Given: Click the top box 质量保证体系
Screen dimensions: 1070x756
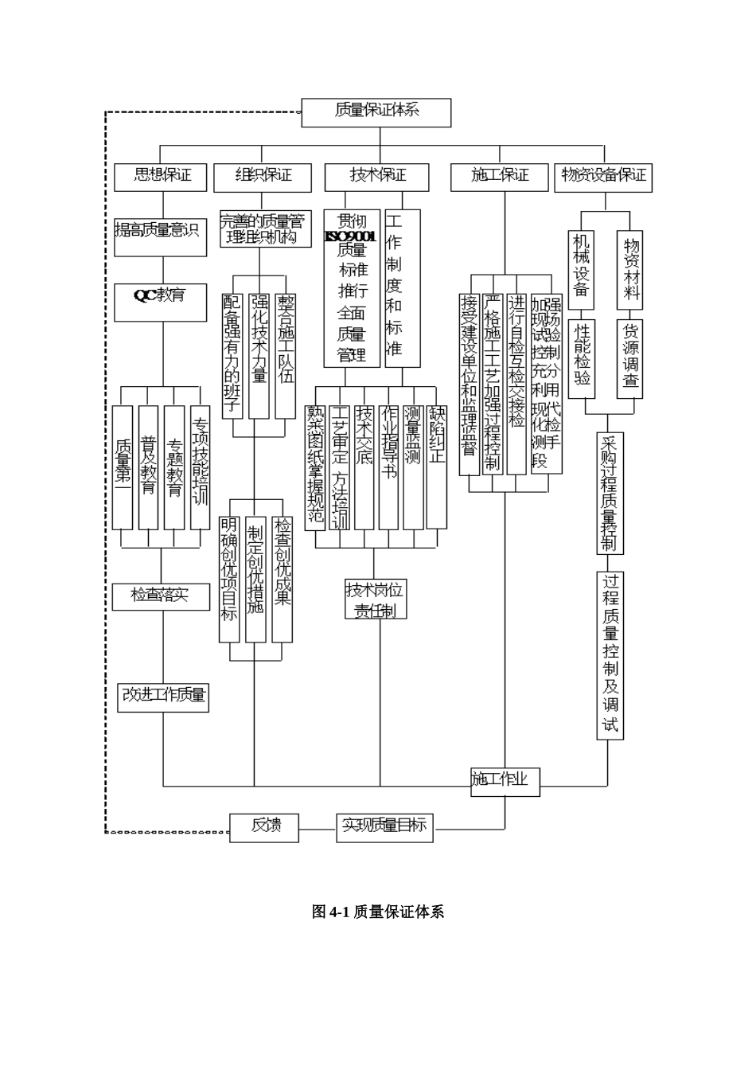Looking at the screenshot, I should (x=376, y=112).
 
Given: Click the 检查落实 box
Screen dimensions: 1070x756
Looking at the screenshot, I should (x=162, y=596).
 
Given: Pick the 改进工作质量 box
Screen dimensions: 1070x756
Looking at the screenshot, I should (x=163, y=697).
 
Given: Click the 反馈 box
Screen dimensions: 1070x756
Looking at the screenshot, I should (x=264, y=827).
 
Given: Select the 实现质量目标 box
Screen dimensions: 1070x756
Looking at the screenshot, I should (x=384, y=827).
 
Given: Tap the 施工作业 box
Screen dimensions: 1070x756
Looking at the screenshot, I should (x=505, y=781).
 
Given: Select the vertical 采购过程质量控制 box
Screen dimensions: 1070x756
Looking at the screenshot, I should (x=609, y=493).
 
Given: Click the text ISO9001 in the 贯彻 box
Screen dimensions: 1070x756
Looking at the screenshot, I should (x=351, y=236).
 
